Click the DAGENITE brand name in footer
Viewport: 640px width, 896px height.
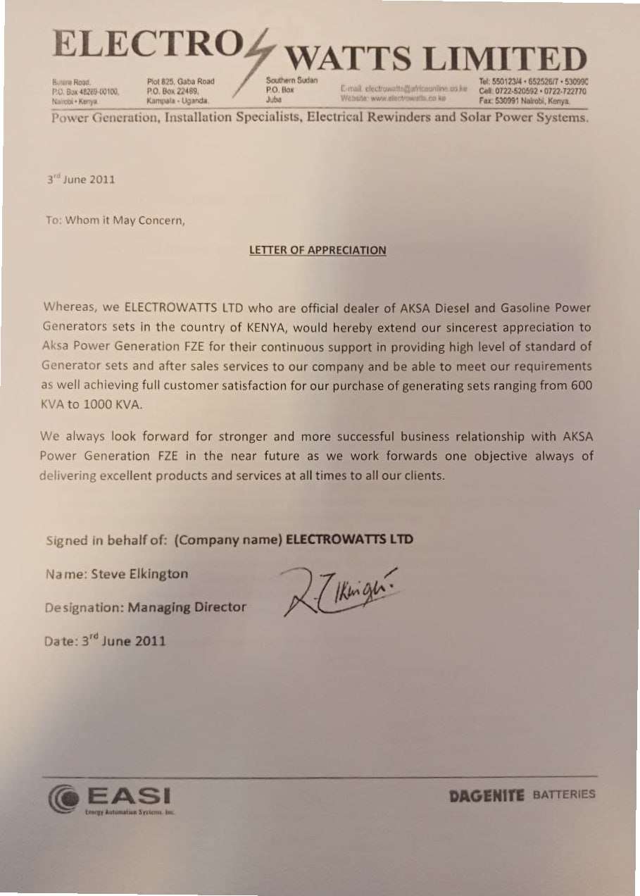[487, 795]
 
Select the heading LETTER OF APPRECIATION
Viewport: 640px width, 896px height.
[318, 250]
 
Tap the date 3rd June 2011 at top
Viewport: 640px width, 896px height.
[80, 180]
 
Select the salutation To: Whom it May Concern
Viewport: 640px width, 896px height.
[115, 220]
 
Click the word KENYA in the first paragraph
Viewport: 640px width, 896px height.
[265, 328]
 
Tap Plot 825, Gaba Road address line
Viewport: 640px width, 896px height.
[180, 81]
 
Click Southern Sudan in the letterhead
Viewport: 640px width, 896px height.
[292, 80]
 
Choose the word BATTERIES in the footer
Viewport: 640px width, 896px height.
[564, 795]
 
